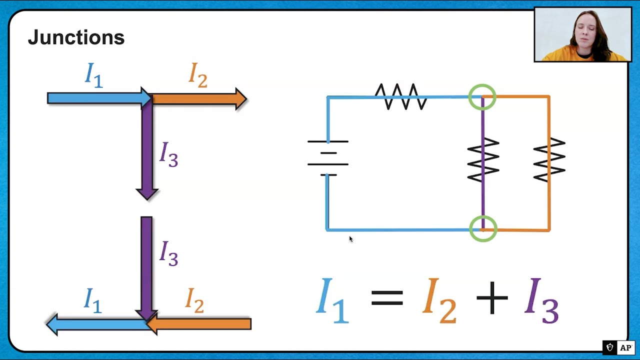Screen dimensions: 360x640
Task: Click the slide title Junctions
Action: (76, 37)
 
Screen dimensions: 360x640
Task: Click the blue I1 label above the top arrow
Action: (94, 75)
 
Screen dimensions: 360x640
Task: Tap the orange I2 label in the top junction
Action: (198, 75)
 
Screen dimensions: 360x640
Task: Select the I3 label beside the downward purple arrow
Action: (168, 153)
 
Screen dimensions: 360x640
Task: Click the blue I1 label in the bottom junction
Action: (93, 300)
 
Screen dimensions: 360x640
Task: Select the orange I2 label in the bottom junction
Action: (194, 300)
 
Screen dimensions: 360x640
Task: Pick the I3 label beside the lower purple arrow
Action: (168, 253)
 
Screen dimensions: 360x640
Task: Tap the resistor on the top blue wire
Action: (401, 96)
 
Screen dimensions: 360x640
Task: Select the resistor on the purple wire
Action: (483, 159)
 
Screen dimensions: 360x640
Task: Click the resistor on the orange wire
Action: (549, 159)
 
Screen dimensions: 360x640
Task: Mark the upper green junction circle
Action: (482, 97)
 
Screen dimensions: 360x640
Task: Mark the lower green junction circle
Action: (483, 229)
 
